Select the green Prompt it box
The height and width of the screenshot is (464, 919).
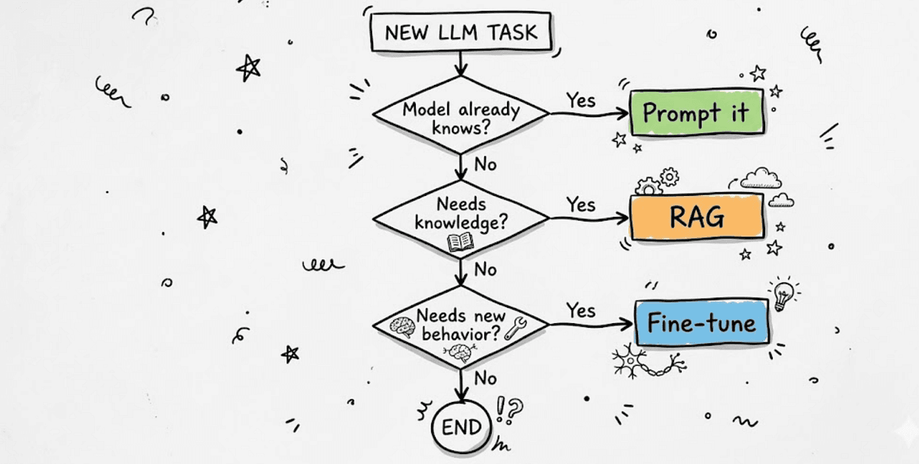click(x=695, y=113)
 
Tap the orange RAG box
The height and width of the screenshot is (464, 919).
click(x=697, y=217)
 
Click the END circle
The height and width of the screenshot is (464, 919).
click(x=461, y=427)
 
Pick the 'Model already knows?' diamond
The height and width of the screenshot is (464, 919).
click(x=460, y=115)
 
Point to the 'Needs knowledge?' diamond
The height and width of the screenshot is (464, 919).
click(x=460, y=218)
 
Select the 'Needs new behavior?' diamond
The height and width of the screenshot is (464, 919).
click(x=460, y=325)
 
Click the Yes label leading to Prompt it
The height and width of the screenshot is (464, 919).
click(x=581, y=100)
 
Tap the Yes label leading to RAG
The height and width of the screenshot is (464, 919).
click(x=581, y=204)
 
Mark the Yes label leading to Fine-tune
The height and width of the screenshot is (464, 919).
click(x=581, y=310)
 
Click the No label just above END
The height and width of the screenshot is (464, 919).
click(x=485, y=378)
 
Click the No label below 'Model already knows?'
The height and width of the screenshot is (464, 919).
click(x=485, y=165)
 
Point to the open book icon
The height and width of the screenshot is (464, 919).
click(x=460, y=242)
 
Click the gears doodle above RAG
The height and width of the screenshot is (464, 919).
click(x=658, y=181)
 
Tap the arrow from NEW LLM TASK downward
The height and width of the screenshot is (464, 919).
click(x=460, y=63)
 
